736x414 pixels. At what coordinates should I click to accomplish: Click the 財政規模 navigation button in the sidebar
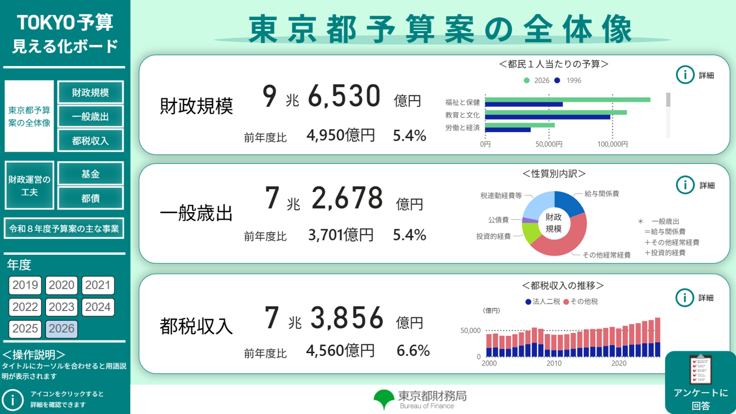[90, 92]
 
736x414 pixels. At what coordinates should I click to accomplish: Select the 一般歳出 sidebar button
[90, 117]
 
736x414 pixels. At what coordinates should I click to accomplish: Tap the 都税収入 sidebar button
[90, 141]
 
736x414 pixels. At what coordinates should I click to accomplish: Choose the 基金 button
[90, 174]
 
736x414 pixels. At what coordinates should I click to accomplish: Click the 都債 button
[90, 198]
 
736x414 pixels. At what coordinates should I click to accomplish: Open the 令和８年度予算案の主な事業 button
[64, 228]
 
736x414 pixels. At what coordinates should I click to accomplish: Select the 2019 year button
[25, 285]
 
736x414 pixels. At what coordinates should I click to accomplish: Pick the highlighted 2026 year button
[61, 329]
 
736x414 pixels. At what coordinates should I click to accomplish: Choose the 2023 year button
[61, 307]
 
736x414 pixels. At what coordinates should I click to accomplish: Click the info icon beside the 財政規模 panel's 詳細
[685, 75]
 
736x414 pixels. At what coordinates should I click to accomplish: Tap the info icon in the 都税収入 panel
[685, 297]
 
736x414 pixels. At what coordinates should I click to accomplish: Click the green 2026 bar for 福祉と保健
[568, 99]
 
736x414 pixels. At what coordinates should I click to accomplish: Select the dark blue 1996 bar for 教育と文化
[547, 117]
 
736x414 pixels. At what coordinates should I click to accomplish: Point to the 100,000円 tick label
[612, 144]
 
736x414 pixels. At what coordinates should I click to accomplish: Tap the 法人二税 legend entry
[542, 301]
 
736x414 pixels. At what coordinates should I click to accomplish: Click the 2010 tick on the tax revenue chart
[554, 363]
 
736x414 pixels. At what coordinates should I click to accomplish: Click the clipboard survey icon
[700, 369]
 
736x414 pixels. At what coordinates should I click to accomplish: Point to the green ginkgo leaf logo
[383, 398]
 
